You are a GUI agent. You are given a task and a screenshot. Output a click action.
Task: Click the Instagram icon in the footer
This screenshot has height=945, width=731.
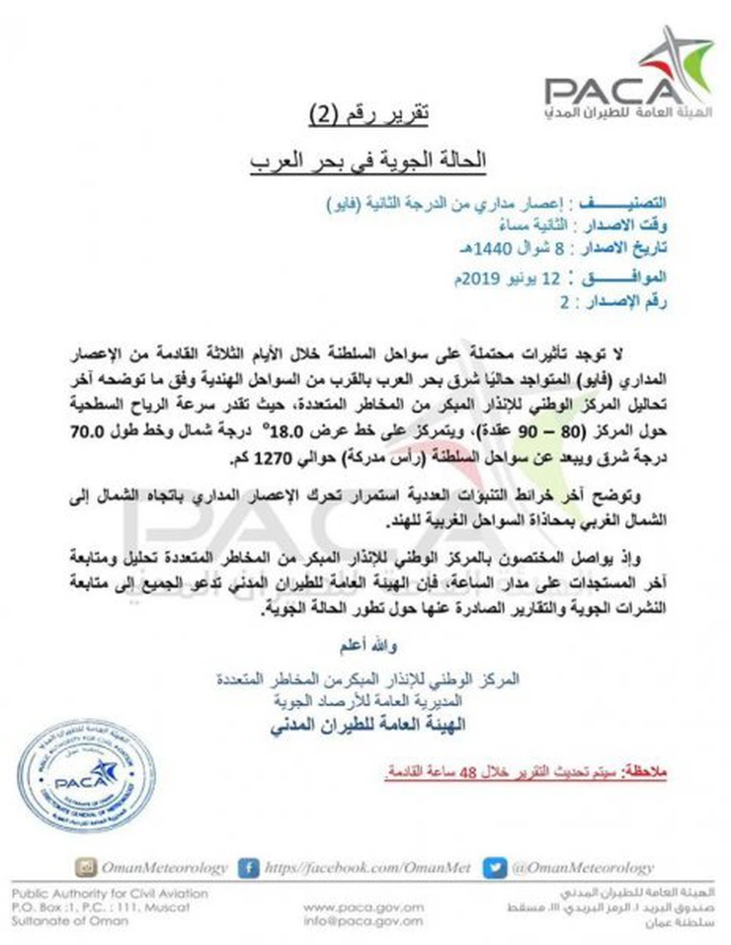85,868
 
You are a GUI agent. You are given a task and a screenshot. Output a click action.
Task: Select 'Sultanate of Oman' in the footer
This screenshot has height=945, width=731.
69,921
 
